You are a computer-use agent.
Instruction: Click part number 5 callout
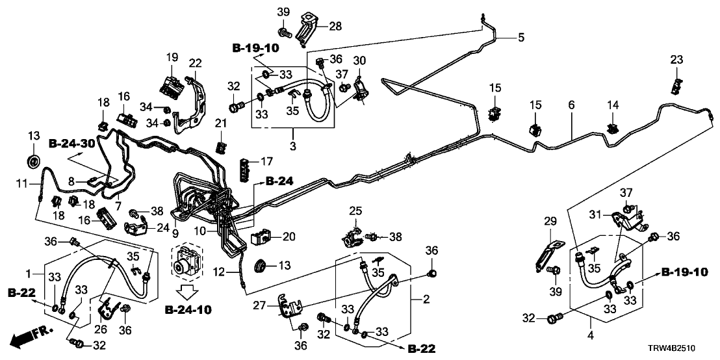[521, 38]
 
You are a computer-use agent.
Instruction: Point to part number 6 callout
[572, 104]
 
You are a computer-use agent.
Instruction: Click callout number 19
[172, 57]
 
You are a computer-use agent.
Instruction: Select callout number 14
[613, 105]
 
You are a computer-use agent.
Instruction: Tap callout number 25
[354, 211]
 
